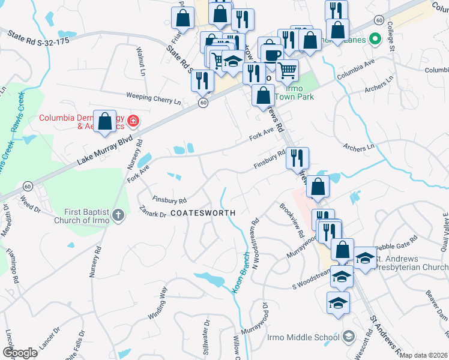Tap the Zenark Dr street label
coord(151,213)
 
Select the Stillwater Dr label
coord(206,340)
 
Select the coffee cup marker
coord(271,54)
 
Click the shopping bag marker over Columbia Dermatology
coord(105,122)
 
